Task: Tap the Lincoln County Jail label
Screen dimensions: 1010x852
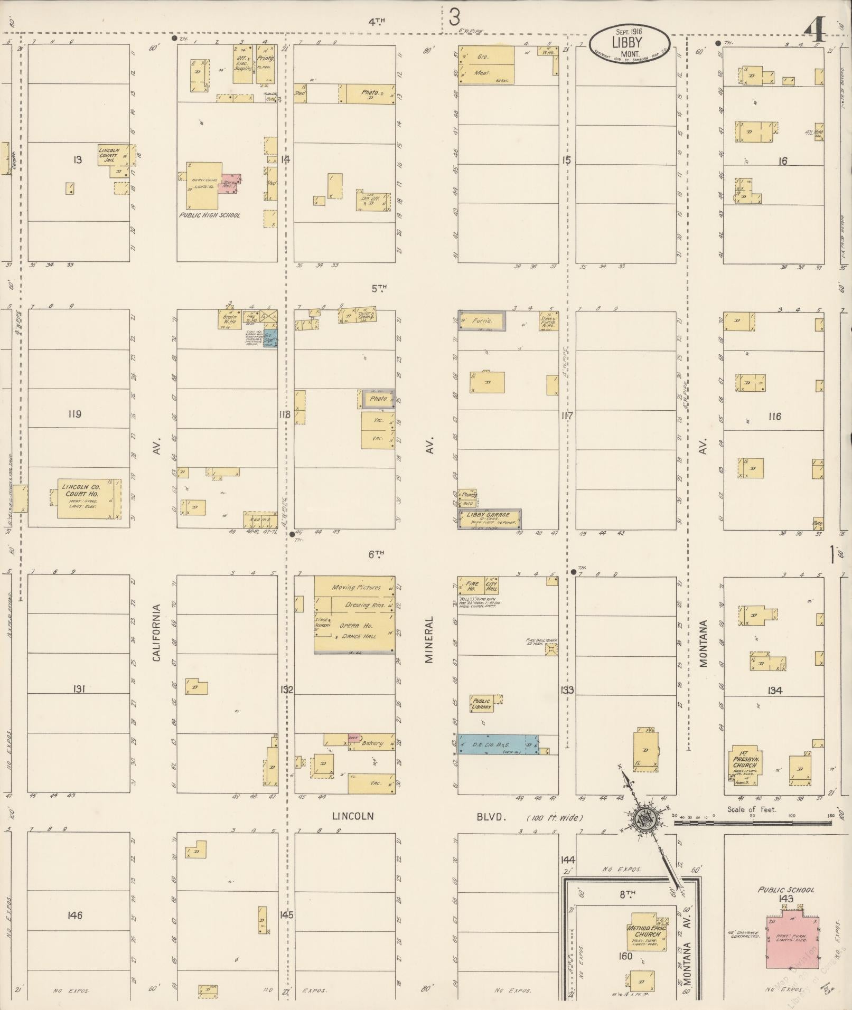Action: pyautogui.click(x=110, y=154)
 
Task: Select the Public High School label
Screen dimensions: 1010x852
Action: pyautogui.click(x=209, y=215)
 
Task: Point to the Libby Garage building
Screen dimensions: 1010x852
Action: pyautogui.click(x=489, y=518)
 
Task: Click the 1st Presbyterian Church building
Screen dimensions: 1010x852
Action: pyautogui.click(x=745, y=763)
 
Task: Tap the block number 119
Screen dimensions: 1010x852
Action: pyautogui.click(x=74, y=414)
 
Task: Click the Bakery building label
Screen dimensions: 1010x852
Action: pyautogui.click(x=372, y=743)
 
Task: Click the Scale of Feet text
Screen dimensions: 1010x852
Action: pyautogui.click(x=752, y=809)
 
